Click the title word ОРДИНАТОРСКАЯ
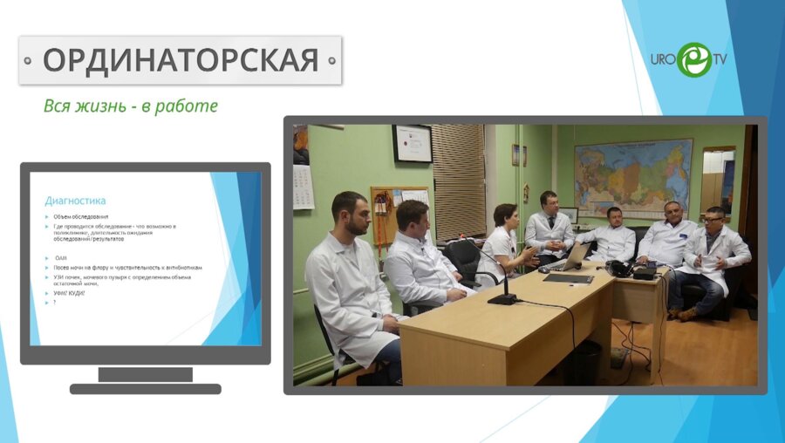click(181, 60)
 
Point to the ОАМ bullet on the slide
click(61, 258)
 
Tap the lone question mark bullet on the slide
click(54, 302)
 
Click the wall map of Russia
click(632, 178)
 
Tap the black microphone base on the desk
click(502, 299)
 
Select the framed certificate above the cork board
click(412, 143)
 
